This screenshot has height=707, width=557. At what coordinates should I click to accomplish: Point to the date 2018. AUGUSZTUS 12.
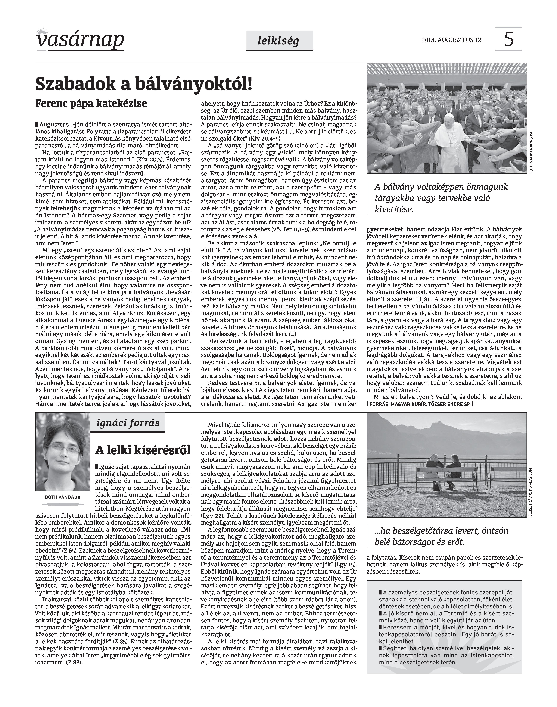[x=452, y=40]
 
